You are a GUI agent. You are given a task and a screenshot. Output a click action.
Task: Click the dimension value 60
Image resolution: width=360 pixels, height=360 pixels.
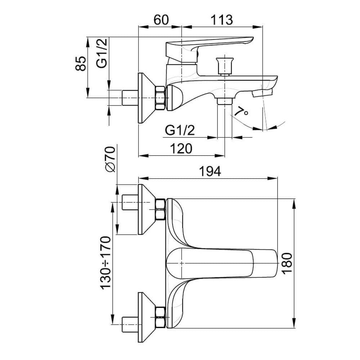[161, 19]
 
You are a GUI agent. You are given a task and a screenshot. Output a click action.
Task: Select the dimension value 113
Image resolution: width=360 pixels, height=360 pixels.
[221, 19]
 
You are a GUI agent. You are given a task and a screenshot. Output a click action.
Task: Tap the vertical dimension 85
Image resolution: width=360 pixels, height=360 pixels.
[81, 63]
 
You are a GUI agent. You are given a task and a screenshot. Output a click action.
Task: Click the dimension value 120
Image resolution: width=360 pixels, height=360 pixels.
[181, 148]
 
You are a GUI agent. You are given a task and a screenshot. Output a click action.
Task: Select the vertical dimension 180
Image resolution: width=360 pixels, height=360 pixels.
[287, 263]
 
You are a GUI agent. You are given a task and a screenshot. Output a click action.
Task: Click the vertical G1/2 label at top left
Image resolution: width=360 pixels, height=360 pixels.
[102, 53]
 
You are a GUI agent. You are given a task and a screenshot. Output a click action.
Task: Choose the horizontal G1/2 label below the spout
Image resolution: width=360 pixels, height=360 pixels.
[180, 130]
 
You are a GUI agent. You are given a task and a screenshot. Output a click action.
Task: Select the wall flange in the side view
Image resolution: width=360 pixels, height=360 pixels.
[146, 98]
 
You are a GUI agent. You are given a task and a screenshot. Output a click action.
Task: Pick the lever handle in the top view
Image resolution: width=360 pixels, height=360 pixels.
[223, 263]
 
